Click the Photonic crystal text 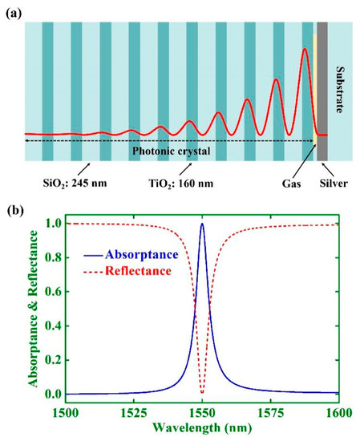(x=173, y=148)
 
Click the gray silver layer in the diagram (x=322, y=88)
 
